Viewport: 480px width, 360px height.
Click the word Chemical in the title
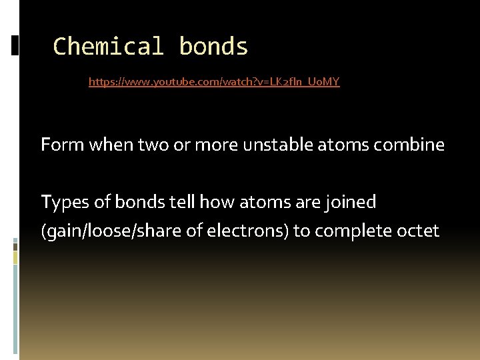[x=108, y=47]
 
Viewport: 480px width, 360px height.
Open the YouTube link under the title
[x=214, y=83]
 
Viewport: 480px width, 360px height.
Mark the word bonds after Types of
[x=136, y=201]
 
